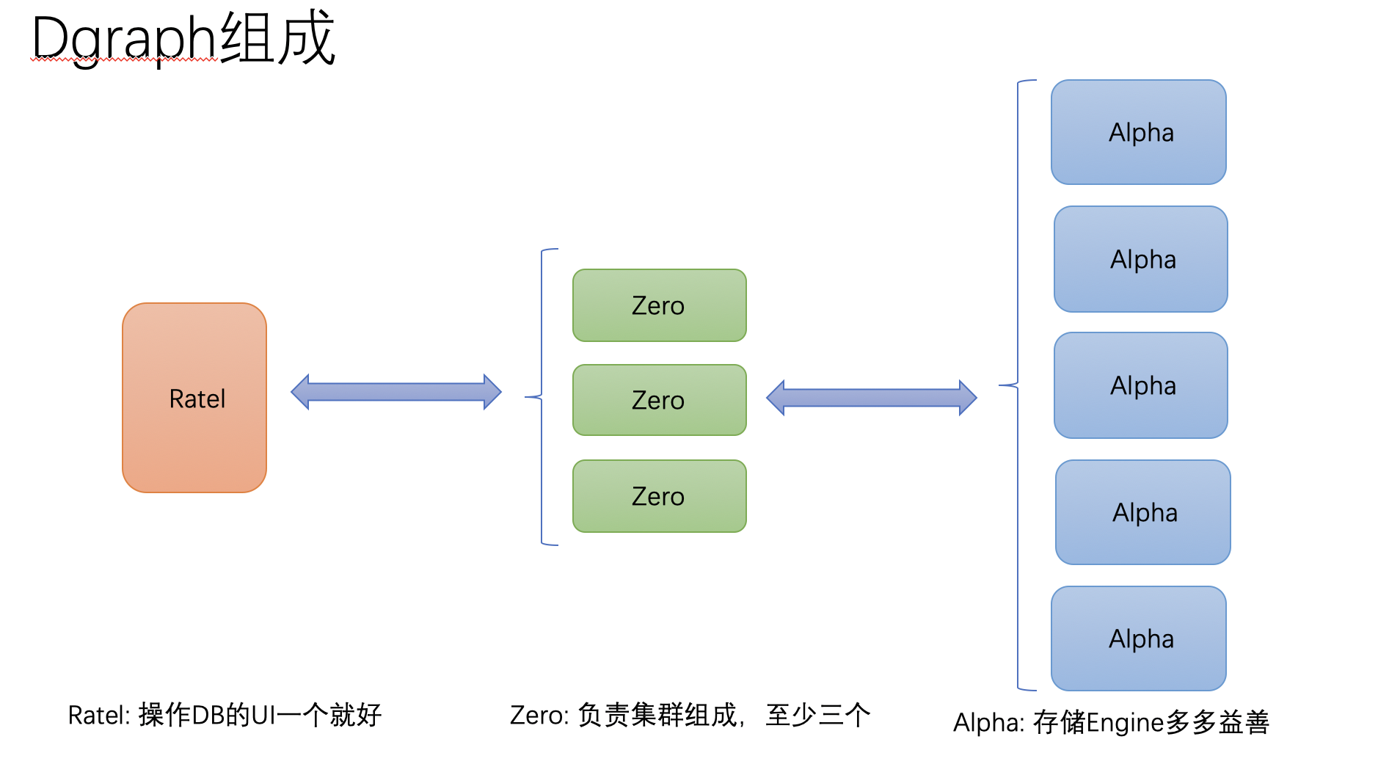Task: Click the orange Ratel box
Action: click(x=194, y=398)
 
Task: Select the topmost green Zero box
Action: click(x=659, y=305)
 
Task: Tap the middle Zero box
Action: click(x=659, y=400)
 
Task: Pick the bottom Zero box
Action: click(x=659, y=496)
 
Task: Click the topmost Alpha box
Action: click(x=1139, y=132)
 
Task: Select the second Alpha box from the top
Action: click(x=1141, y=259)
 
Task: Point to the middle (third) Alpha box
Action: click(x=1141, y=385)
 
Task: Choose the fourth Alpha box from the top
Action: click(x=1143, y=512)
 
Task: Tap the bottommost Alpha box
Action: click(x=1139, y=638)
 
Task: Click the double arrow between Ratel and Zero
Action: click(x=396, y=392)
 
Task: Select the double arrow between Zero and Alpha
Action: click(x=872, y=398)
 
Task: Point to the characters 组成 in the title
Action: click(x=277, y=38)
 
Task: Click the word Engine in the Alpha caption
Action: click(x=1124, y=723)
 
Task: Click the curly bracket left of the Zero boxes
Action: click(x=542, y=397)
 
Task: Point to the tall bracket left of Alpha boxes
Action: click(x=1017, y=385)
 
